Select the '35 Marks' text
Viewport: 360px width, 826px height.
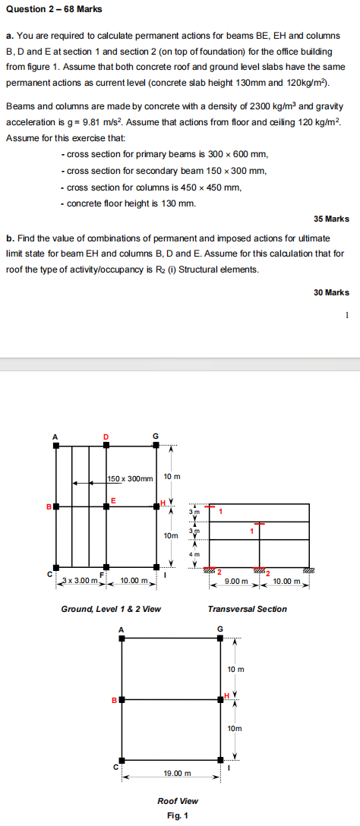(331, 219)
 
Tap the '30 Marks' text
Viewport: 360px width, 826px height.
(331, 292)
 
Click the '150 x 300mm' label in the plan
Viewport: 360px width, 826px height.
(130, 478)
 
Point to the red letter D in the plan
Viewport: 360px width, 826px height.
(106, 435)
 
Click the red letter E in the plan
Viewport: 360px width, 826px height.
(113, 499)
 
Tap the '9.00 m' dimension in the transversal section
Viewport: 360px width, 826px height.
(237, 582)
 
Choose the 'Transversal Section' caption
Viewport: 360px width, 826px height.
(247, 609)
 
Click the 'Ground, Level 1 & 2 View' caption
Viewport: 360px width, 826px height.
(110, 609)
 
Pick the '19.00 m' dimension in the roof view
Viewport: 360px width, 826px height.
(176, 752)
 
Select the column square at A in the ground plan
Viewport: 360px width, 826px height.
(55, 446)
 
